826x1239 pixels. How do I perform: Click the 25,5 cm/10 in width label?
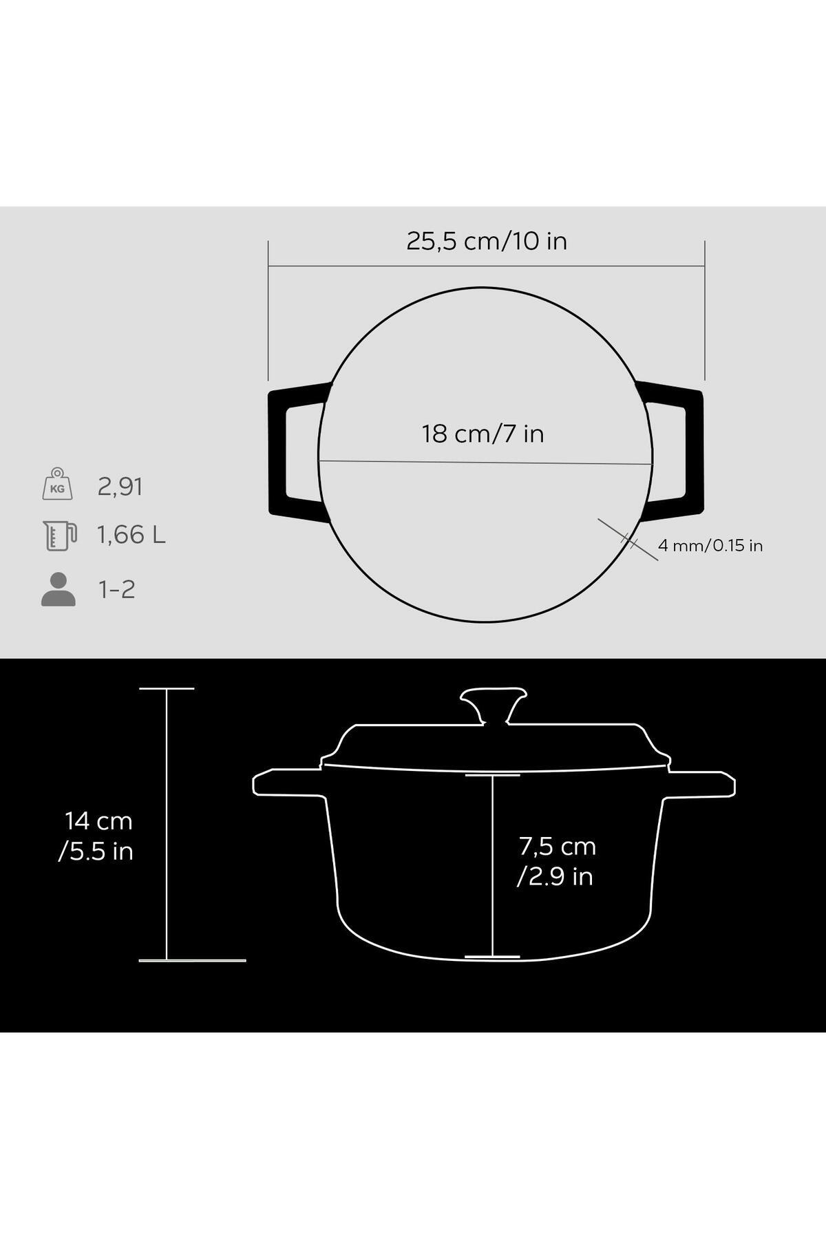[487, 241]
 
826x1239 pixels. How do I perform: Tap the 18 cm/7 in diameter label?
[483, 434]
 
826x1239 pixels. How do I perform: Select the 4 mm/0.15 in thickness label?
[710, 546]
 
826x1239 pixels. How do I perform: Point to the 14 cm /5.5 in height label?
[96, 836]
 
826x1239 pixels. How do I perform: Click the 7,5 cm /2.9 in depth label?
[556, 860]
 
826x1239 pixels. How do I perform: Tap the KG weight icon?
[57, 483]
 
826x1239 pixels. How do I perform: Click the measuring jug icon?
[60, 535]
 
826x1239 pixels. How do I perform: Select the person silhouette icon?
[59, 589]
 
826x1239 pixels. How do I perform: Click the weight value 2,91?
[120, 487]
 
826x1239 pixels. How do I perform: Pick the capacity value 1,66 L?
[131, 535]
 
